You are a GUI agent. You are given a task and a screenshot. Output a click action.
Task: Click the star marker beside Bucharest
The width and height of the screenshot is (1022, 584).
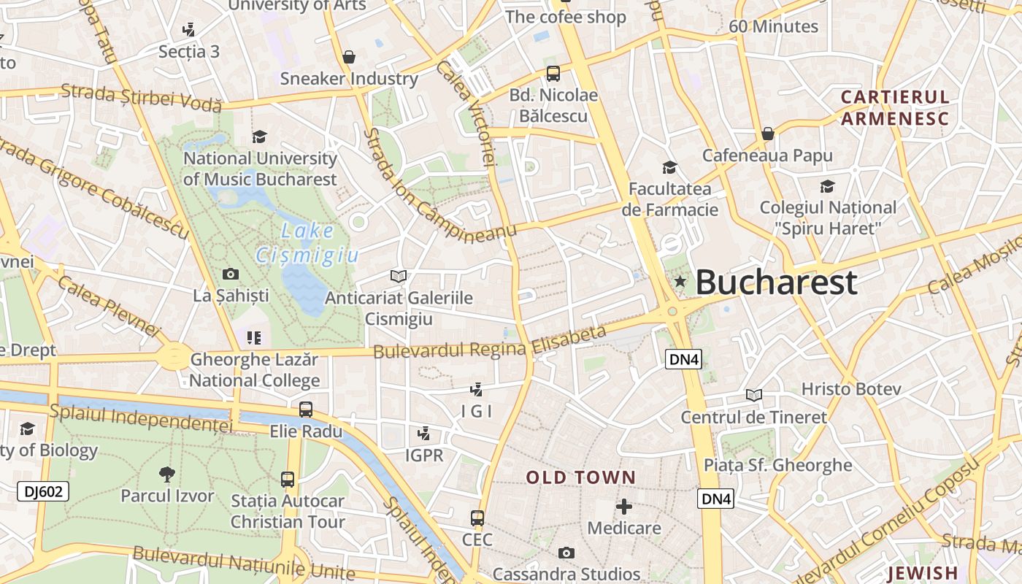680,282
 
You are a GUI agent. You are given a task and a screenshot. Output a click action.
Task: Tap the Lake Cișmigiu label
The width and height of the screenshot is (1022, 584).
307,243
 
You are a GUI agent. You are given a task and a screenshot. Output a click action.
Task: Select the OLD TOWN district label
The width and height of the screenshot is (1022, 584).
581,477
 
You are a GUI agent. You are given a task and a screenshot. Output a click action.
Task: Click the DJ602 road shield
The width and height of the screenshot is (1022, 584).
43,491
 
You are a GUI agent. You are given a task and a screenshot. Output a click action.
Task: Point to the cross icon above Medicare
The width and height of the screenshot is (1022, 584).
624,506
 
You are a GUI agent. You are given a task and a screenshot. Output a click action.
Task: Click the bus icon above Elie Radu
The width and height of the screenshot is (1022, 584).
306,409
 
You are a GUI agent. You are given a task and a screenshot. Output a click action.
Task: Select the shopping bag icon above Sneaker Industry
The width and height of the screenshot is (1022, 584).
349,57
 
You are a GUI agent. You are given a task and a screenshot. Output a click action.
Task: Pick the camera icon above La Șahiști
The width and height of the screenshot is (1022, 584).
231,274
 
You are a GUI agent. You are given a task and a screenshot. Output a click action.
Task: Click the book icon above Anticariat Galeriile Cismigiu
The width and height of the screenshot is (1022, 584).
399,276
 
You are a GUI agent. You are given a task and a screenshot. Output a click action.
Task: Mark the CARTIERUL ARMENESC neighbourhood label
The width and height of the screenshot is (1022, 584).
894,108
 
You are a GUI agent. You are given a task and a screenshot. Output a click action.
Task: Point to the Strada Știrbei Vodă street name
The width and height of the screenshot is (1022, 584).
141,98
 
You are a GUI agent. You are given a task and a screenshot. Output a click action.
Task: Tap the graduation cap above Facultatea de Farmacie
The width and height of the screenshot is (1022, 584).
669,167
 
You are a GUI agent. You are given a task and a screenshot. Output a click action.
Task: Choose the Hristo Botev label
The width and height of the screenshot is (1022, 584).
851,389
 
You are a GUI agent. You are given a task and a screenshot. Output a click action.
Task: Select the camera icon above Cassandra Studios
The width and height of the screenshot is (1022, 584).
566,553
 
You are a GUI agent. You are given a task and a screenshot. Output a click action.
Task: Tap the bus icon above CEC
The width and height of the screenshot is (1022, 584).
477,518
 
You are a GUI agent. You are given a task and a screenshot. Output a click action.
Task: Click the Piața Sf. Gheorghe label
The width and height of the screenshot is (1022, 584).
777,465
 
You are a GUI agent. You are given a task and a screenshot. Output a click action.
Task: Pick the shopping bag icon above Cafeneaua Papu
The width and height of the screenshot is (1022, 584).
767,134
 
